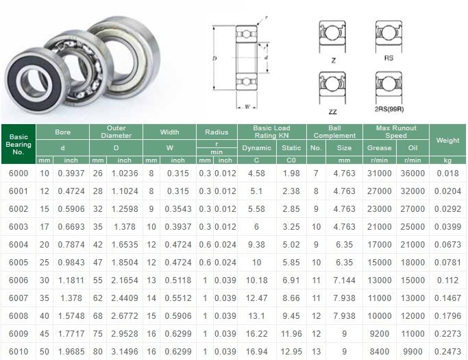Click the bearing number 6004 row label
tap(19, 245)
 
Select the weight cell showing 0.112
tap(447, 280)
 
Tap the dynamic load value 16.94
tap(256, 352)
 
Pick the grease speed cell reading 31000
tap(380, 173)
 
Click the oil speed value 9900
tap(412, 352)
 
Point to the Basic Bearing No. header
tap(19, 144)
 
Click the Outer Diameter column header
tap(116, 132)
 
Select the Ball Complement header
tap(334, 132)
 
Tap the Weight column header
tap(447, 140)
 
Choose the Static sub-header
tap(291, 148)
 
